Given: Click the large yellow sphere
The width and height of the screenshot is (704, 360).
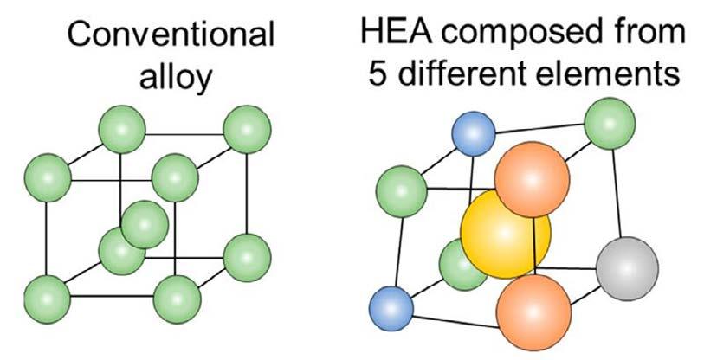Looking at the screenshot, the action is pyautogui.click(x=504, y=235).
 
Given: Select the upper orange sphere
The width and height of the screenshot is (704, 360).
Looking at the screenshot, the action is pyautogui.click(x=529, y=182).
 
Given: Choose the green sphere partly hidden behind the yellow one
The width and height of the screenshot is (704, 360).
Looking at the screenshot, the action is pyautogui.click(x=460, y=262).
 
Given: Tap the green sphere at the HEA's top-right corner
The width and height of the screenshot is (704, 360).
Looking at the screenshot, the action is pyautogui.click(x=606, y=125).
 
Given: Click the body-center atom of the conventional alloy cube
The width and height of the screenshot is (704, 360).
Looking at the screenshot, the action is pyautogui.click(x=144, y=224).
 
